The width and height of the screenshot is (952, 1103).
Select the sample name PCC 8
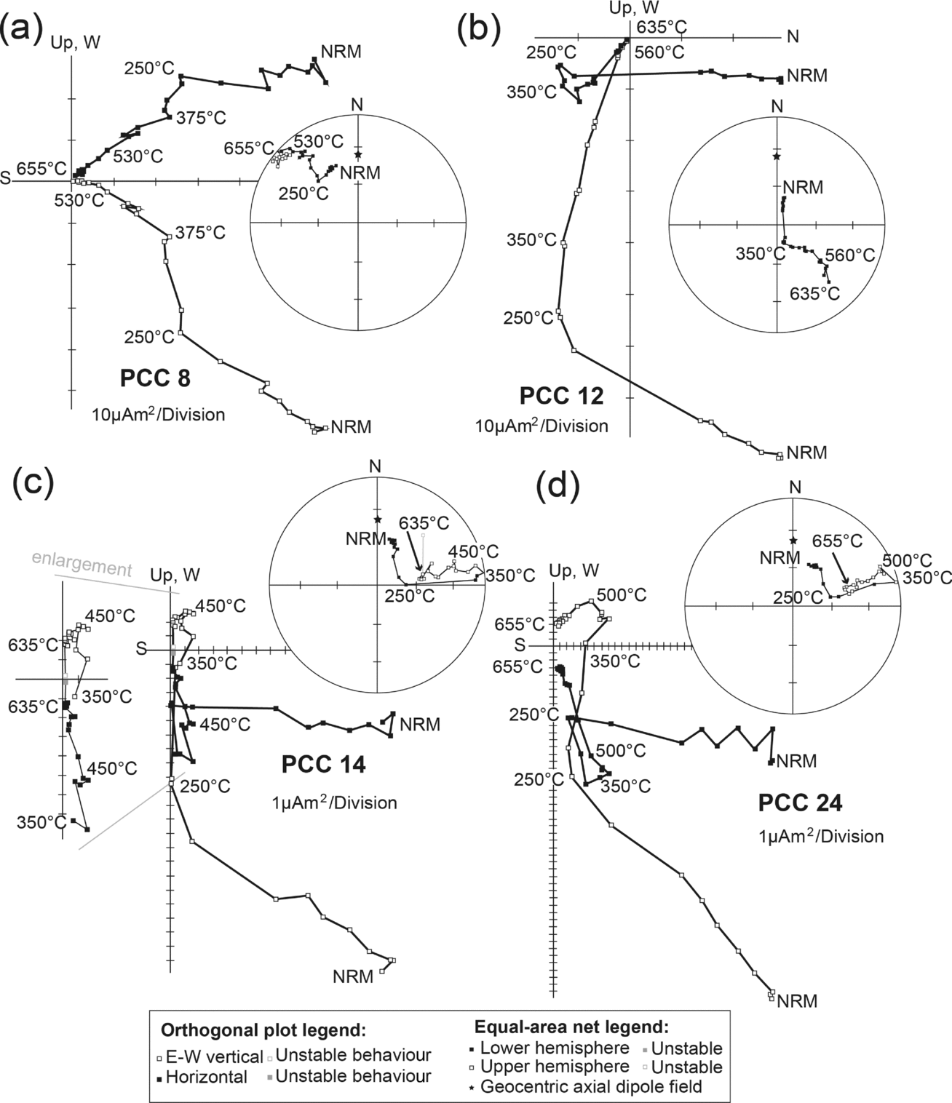(x=154, y=380)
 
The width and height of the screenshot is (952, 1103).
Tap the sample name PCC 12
(x=561, y=397)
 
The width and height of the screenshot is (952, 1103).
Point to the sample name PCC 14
(x=323, y=765)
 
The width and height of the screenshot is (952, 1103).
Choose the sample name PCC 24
(x=800, y=803)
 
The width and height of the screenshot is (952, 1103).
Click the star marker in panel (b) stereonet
(x=777, y=156)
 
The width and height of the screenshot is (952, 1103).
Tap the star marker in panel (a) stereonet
(x=357, y=154)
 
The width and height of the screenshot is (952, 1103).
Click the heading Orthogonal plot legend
(x=262, y=1031)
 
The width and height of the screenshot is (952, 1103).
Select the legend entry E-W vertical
(x=215, y=1056)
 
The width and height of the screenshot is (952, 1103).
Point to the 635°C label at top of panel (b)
(x=662, y=28)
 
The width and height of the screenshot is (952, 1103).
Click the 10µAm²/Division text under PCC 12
(x=542, y=426)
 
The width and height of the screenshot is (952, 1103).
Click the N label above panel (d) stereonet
(x=795, y=487)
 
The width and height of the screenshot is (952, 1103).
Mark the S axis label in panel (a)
(x=6, y=179)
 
